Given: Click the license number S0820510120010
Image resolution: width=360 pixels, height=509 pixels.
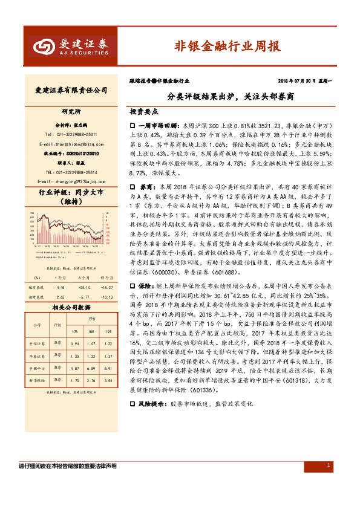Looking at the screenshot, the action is click(x=71, y=154).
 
